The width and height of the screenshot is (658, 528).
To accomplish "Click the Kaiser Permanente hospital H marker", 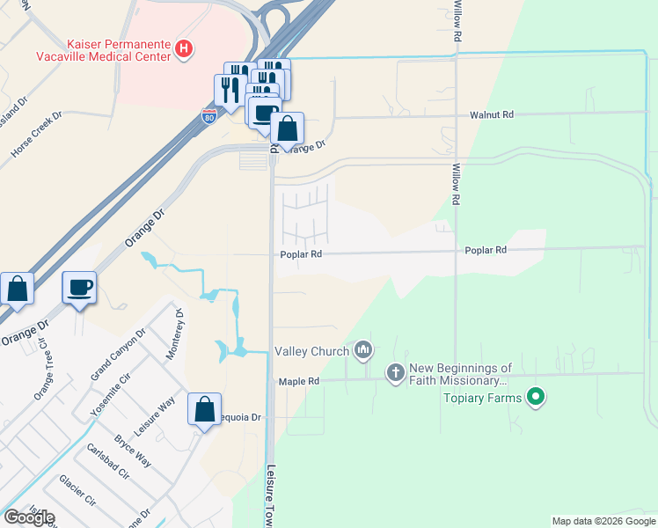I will [183, 48].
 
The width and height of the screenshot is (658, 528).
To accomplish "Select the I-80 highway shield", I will [208, 114].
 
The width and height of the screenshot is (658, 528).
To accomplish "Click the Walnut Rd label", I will [491, 114].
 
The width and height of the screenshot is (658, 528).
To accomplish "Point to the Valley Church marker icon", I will [363, 352].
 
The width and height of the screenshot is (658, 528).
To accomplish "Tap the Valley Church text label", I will [311, 352].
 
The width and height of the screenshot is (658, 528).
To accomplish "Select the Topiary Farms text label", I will [482, 398].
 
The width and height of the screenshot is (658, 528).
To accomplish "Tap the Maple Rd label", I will [298, 381].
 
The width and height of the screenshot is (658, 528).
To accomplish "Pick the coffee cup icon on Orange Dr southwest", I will [79, 288].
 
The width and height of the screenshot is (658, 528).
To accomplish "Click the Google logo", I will [29, 517].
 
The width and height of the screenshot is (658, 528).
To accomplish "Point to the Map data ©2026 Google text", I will [603, 521].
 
